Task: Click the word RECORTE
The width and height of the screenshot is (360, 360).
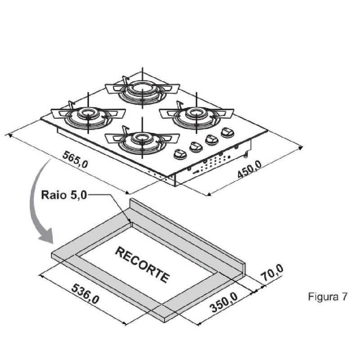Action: pyautogui.click(x=142, y=264)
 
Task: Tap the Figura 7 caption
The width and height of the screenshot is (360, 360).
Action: pyautogui.click(x=328, y=297)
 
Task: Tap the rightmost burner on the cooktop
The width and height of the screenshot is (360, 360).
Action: pyautogui.click(x=196, y=112)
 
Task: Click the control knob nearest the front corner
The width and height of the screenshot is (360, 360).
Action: pyautogui.click(x=180, y=154)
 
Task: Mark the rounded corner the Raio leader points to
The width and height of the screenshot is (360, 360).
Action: pyautogui.click(x=130, y=221)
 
